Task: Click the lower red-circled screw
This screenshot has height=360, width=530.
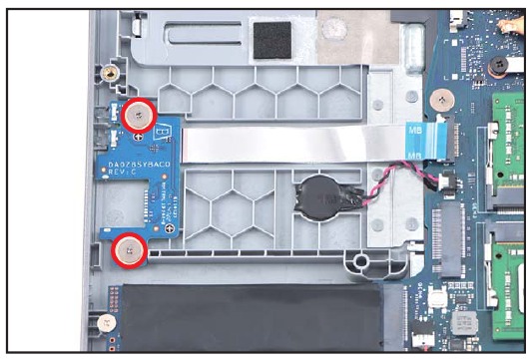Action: coord(130,251)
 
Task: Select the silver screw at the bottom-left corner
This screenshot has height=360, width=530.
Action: coord(105,323)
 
